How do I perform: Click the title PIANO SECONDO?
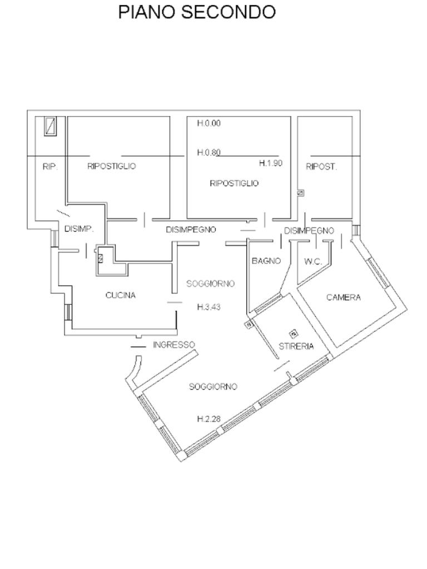pyautogui.click(x=197, y=12)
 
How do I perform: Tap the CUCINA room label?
pyautogui.click(x=121, y=296)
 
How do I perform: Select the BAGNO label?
pyautogui.click(x=266, y=261)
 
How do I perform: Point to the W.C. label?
pyautogui.click(x=312, y=261)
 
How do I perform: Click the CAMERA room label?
pyautogui.click(x=344, y=298)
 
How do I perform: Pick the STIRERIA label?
pyautogui.click(x=296, y=347)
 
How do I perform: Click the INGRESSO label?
pyautogui.click(x=174, y=345)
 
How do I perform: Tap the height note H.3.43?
pyautogui.click(x=209, y=307)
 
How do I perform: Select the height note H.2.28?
pyautogui.click(x=209, y=419)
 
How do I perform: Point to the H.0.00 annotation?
pyautogui.click(x=209, y=123)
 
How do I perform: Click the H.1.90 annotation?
pyautogui.click(x=271, y=163)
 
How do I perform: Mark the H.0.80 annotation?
pyautogui.click(x=209, y=152)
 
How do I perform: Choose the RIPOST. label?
pyautogui.click(x=321, y=167)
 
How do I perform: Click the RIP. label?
pyautogui.click(x=50, y=167)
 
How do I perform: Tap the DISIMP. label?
pyautogui.click(x=79, y=229)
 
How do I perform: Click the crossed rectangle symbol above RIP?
pyautogui.click(x=50, y=126)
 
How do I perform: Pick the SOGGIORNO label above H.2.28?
pyautogui.click(x=213, y=387)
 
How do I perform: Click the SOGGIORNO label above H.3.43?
pyautogui.click(x=211, y=284)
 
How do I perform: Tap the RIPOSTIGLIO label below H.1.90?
pyautogui.click(x=234, y=183)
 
